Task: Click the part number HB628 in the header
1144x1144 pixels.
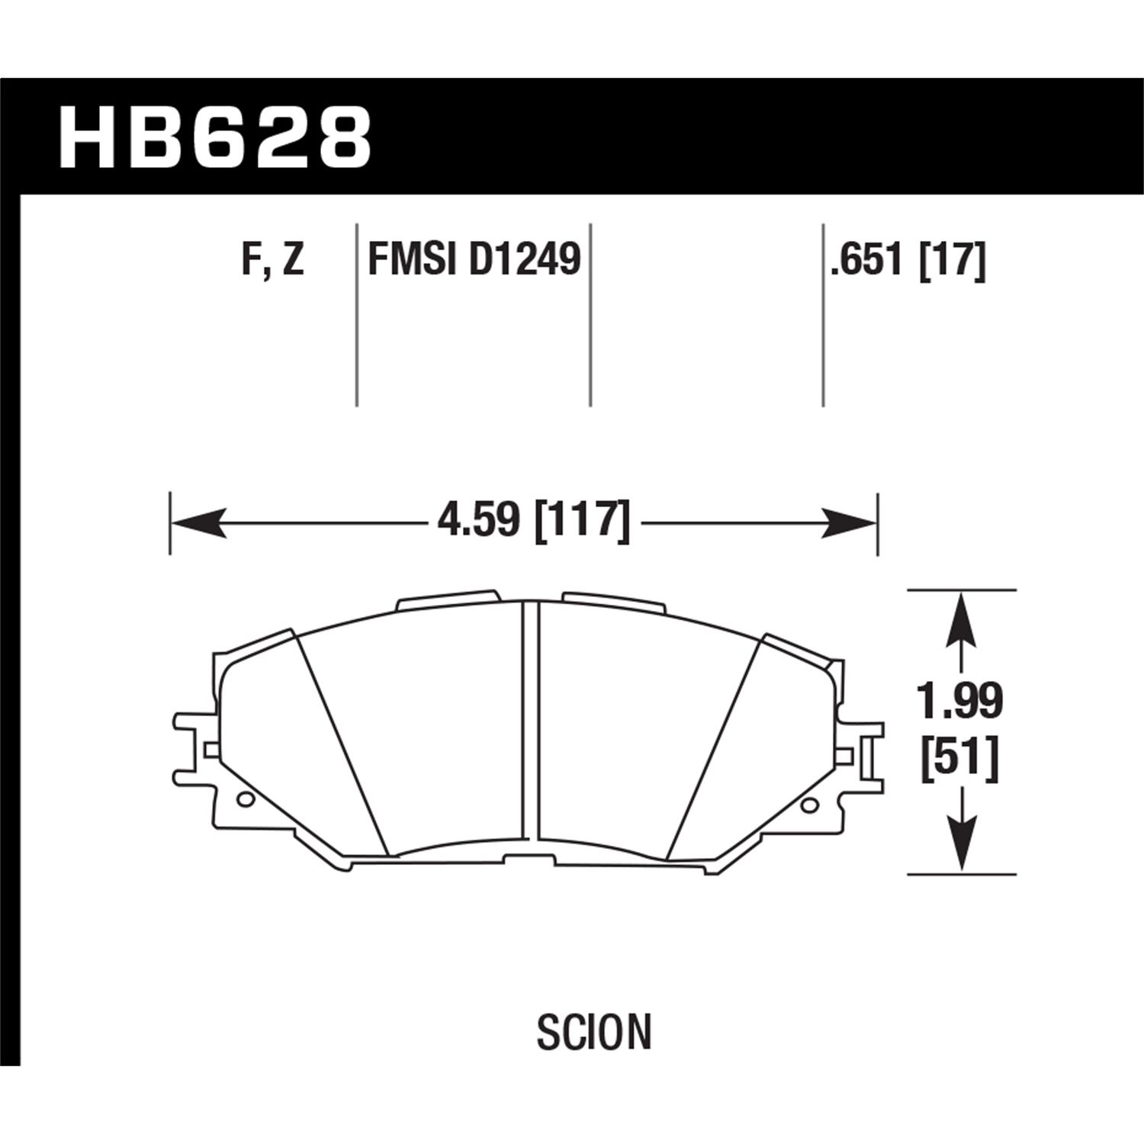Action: point(214,138)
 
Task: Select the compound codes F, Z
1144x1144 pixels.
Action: point(273,260)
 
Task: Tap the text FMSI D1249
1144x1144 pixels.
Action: point(474,260)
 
